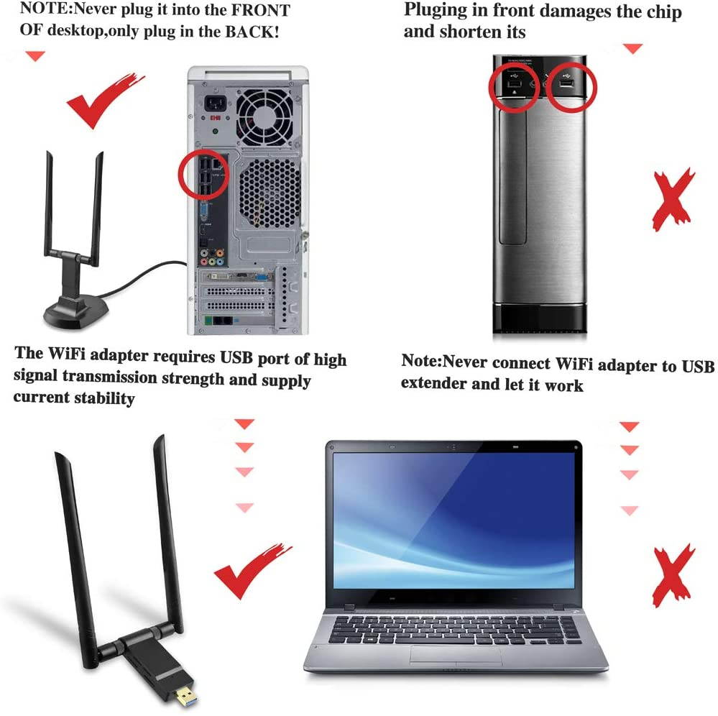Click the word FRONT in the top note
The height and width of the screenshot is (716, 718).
click(x=257, y=10)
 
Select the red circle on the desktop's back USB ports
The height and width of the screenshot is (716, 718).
click(x=203, y=174)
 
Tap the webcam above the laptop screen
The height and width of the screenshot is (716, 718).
click(x=453, y=446)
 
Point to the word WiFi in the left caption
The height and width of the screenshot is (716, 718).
click(x=68, y=355)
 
